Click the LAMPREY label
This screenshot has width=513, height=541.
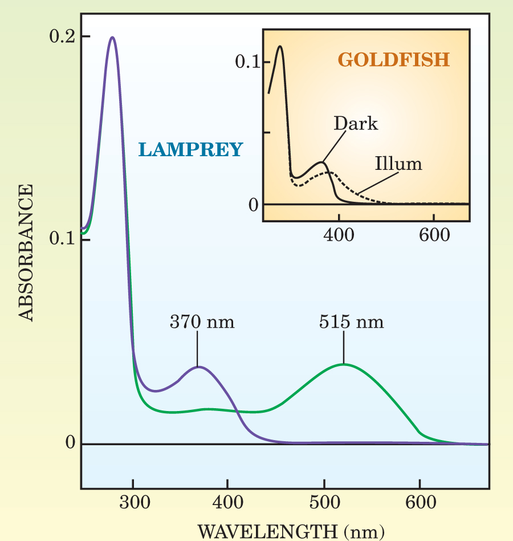tap(190, 150)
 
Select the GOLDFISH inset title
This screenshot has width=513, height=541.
tap(393, 59)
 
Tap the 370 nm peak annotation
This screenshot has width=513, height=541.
tap(202, 322)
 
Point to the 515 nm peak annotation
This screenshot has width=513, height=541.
tap(351, 322)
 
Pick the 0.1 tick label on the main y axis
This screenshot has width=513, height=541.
tap(62, 239)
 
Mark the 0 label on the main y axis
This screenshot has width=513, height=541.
tap(70, 443)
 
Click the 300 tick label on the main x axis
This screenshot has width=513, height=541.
tap(133, 503)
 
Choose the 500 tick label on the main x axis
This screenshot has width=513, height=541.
tap(324, 503)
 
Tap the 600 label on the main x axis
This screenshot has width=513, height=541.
tap(420, 503)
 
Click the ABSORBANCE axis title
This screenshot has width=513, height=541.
tap(27, 253)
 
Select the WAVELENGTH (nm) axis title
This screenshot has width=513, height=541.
tap(291, 531)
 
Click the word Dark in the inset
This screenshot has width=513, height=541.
tap(356, 123)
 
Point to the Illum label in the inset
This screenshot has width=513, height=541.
tap(398, 164)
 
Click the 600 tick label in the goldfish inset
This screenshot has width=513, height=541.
tap(434, 234)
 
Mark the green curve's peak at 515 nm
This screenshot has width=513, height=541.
tap(344, 364)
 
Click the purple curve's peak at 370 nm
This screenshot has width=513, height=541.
tap(198, 367)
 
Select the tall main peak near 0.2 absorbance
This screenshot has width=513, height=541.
tap(113, 38)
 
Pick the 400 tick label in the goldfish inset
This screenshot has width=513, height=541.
tap(339, 234)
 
